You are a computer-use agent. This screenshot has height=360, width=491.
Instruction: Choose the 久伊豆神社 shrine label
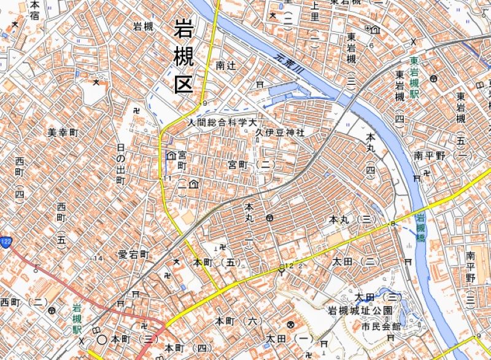(280, 133)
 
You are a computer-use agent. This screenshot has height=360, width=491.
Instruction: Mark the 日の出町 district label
(120, 165)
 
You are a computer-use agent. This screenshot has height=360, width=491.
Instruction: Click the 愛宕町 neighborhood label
(134, 254)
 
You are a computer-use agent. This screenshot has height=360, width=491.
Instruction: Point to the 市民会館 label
(380, 326)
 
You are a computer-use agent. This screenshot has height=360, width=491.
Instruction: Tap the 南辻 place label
(226, 65)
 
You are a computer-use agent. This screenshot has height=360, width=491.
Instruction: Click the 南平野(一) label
(443, 156)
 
